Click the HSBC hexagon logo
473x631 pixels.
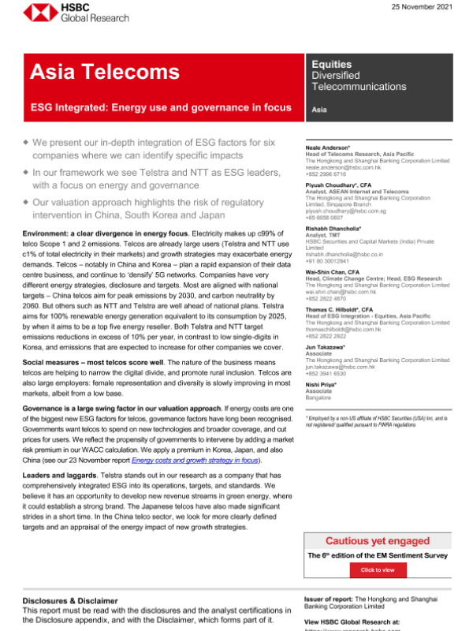click(x=32, y=13)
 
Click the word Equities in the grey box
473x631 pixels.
click(x=331, y=63)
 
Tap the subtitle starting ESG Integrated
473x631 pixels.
click(x=161, y=107)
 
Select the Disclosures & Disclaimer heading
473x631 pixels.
click(x=70, y=600)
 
